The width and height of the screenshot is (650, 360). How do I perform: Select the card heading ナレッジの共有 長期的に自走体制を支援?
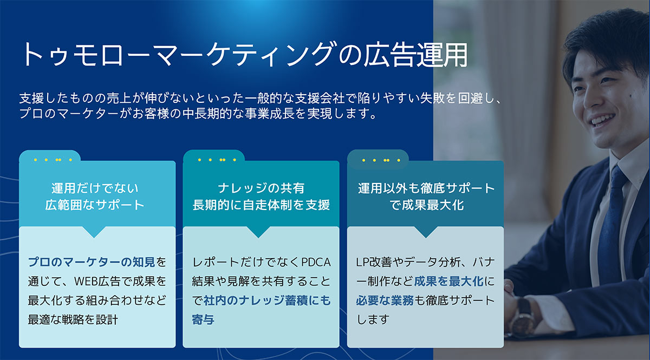[261, 197]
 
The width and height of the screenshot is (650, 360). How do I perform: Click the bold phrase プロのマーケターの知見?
[92, 263]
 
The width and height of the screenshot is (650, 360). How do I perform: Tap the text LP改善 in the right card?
[373, 263]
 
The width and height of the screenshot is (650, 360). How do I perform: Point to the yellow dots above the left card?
[49, 160]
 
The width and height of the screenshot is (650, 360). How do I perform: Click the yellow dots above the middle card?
[213, 160]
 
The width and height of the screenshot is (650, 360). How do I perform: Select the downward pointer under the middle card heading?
[261, 232]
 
